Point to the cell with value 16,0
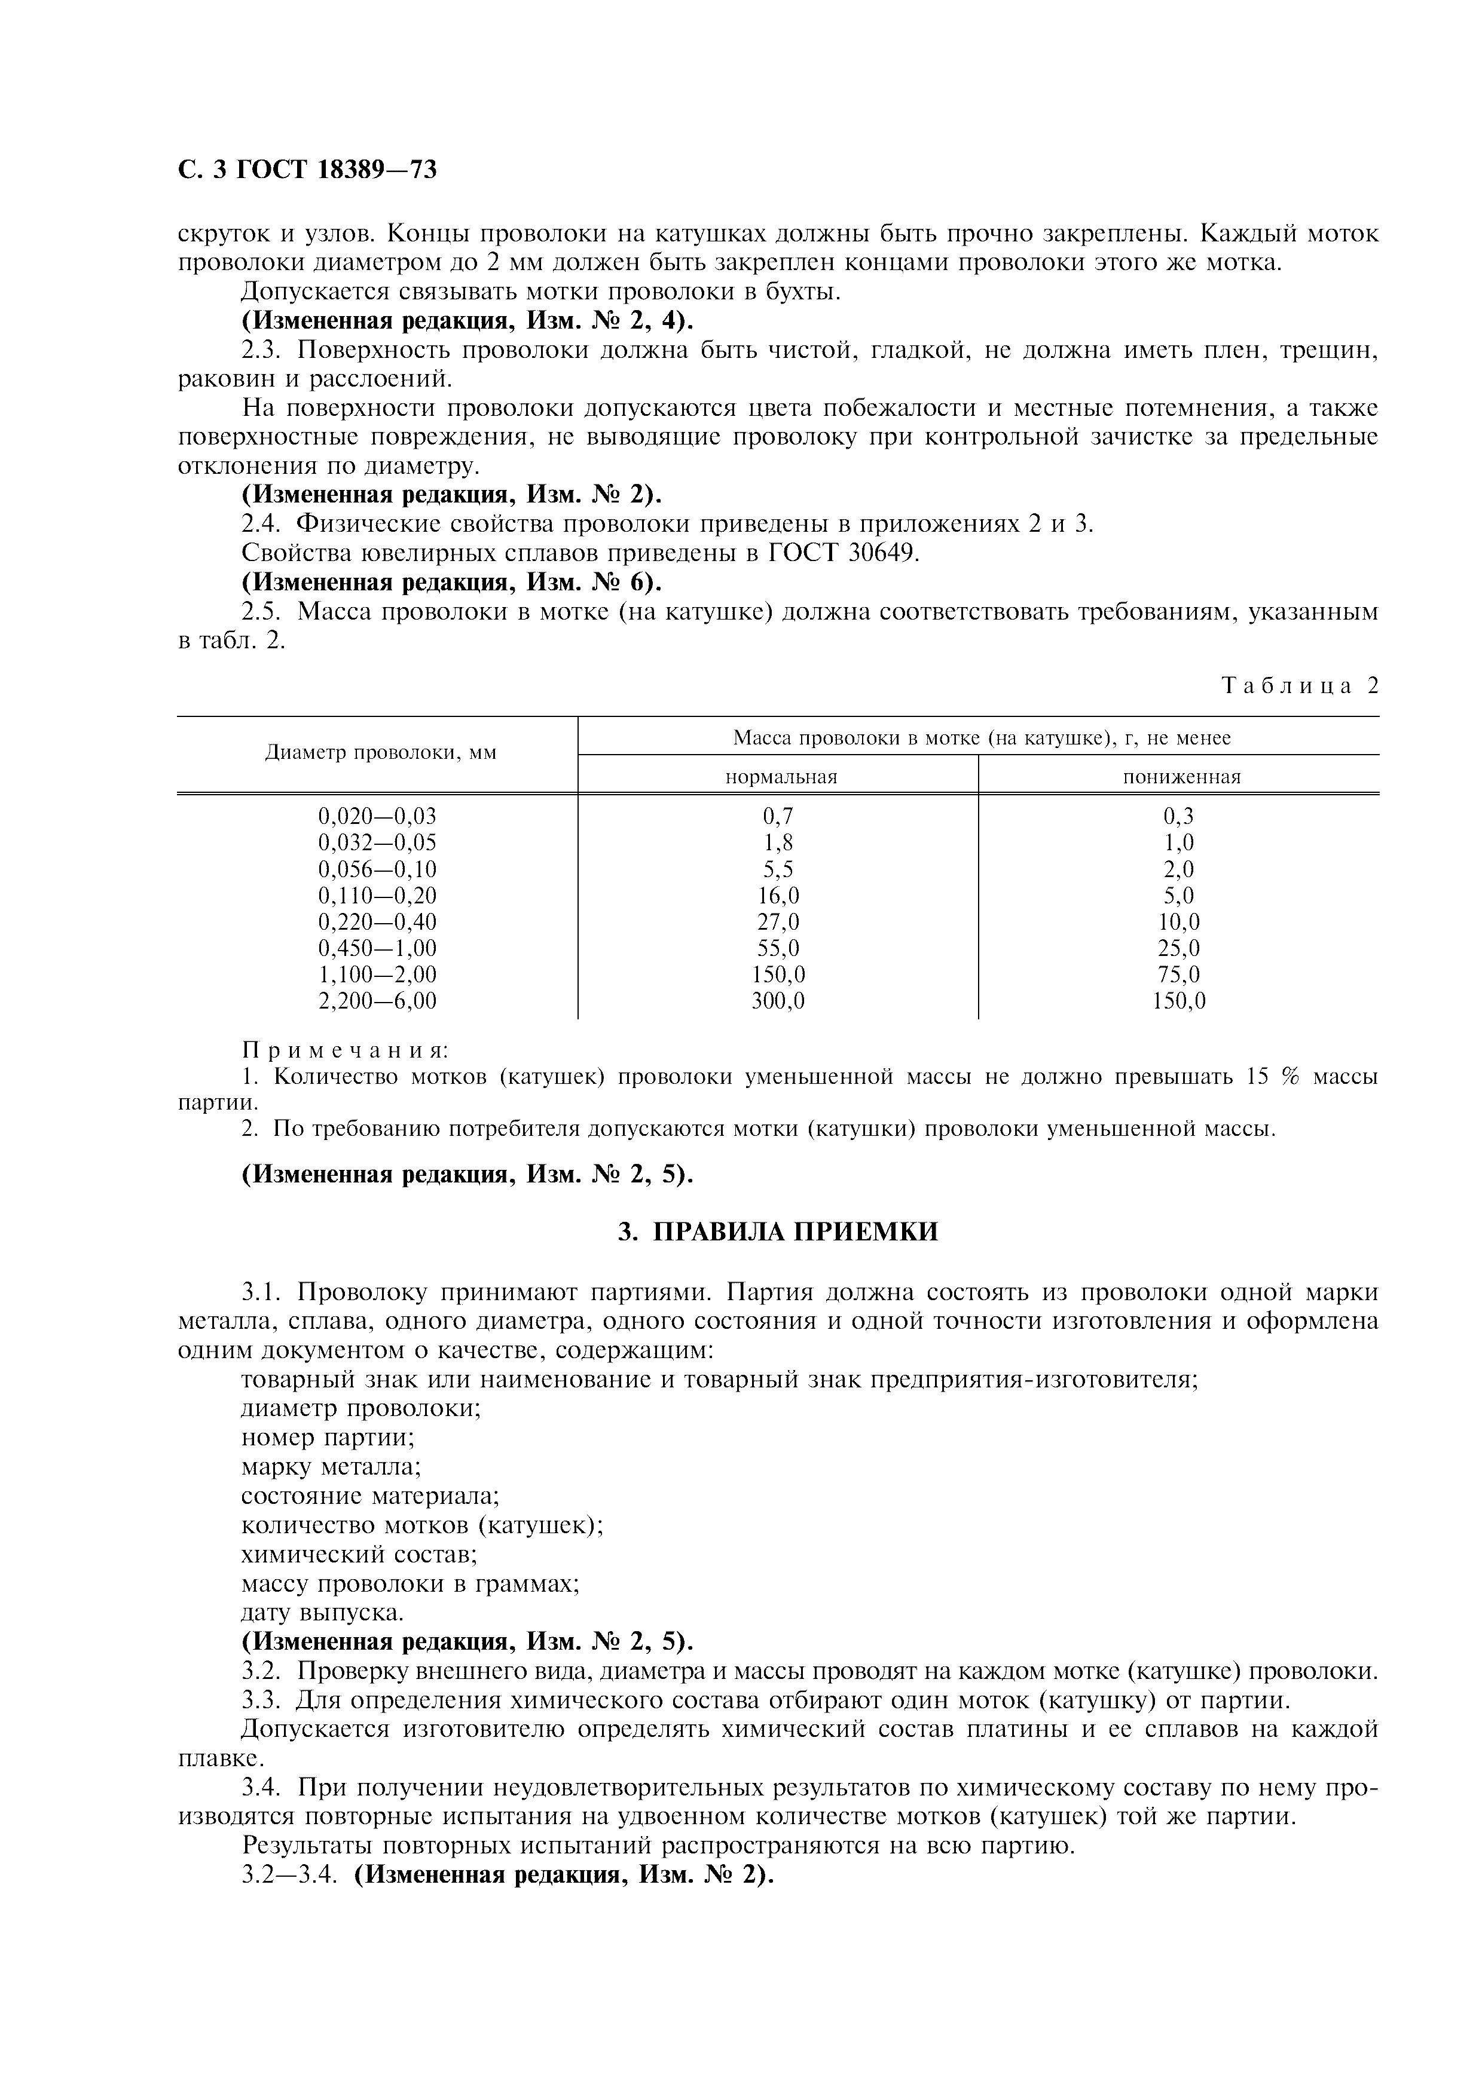(778, 896)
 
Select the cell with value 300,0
(778, 1001)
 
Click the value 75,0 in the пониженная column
(1179, 975)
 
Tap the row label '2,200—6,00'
(377, 1001)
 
